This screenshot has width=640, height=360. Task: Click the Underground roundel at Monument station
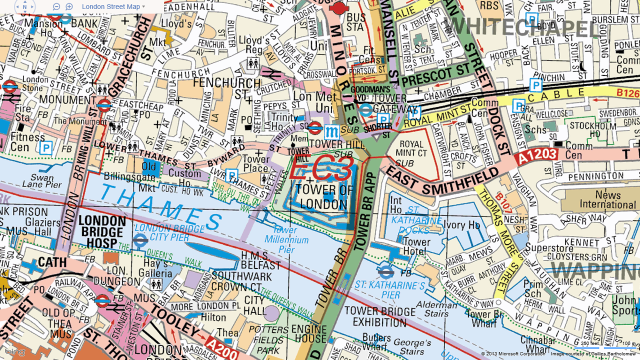(x=103, y=102)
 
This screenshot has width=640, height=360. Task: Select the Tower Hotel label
(x=416, y=248)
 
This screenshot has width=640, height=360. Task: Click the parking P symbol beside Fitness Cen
(x=44, y=147)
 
